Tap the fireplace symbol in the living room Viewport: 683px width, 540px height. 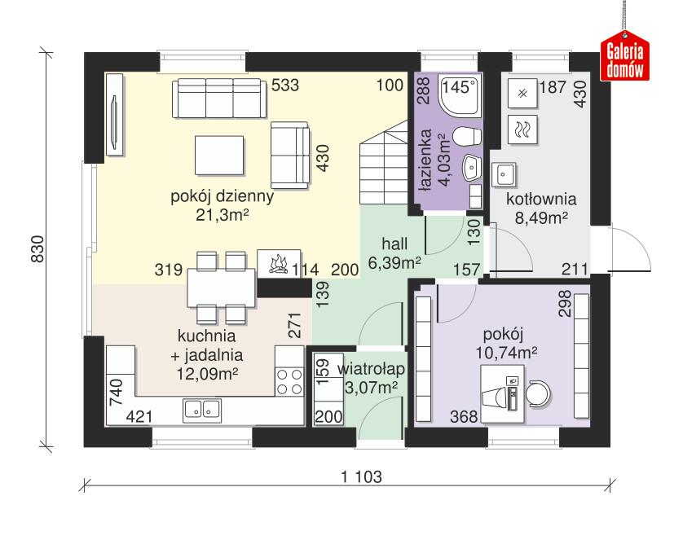[277, 262]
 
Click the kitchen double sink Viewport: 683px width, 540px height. [202, 409]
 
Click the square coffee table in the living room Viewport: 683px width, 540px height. [219, 155]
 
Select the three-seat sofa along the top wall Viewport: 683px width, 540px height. [218, 99]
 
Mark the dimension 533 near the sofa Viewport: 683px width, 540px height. [286, 85]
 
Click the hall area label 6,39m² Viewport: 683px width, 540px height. [394, 262]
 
